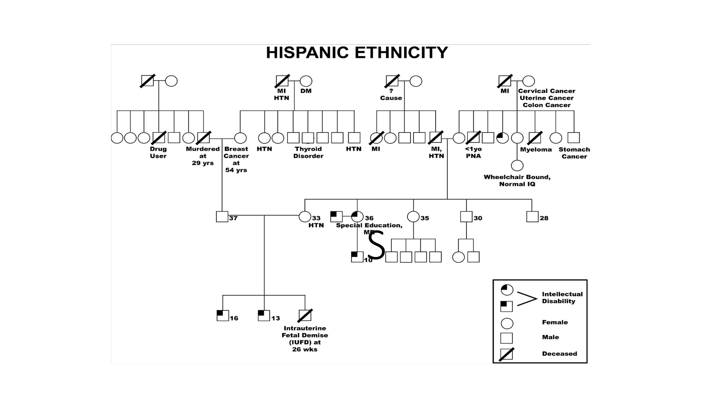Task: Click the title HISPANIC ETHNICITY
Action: click(357, 53)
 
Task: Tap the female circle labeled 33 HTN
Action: click(305, 217)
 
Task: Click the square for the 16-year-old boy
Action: click(223, 315)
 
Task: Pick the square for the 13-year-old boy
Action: click(264, 315)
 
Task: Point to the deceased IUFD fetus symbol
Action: click(305, 315)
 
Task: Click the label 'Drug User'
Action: click(158, 152)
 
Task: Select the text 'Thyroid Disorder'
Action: click(308, 152)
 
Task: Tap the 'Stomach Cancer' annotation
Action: click(574, 153)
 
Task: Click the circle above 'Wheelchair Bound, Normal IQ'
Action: click(517, 165)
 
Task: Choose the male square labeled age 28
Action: click(532, 217)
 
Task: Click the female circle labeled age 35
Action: click(413, 217)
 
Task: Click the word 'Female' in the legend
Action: click(555, 322)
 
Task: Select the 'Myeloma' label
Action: click(536, 150)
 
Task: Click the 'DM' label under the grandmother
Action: click(306, 91)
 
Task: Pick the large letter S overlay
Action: click(376, 246)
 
